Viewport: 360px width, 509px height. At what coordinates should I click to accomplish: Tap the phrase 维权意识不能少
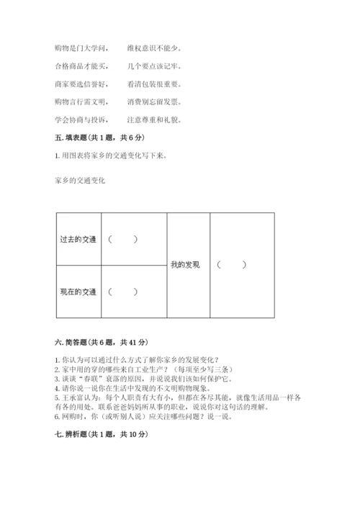[x=154, y=49]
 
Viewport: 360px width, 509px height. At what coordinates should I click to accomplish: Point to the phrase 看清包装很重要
[x=154, y=84]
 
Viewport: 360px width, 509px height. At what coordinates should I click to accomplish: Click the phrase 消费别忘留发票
[x=154, y=102]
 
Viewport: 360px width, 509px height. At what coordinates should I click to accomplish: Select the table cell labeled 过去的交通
[x=78, y=239]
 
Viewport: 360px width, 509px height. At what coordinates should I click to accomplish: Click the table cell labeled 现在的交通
[x=78, y=292]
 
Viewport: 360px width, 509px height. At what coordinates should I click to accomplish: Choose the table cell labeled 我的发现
[x=185, y=265]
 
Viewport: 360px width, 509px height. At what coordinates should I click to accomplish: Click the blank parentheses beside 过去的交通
[x=122, y=239]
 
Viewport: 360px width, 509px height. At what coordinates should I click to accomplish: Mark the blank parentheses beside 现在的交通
[x=122, y=292]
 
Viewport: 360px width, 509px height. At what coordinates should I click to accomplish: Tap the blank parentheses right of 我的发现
[x=231, y=265]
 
